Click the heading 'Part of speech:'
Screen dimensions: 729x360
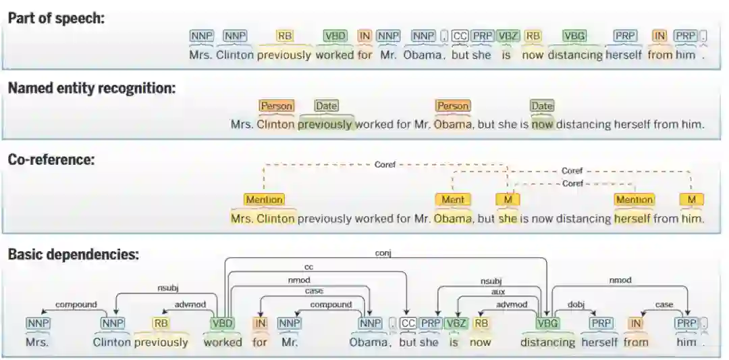click(56, 18)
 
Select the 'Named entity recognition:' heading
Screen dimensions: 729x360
click(92, 88)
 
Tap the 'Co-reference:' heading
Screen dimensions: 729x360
click(51, 159)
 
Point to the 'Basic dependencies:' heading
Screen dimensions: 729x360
click(74, 255)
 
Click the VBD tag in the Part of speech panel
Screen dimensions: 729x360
click(335, 36)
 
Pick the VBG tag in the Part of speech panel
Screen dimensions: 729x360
click(574, 36)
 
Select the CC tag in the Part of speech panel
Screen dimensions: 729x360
click(460, 36)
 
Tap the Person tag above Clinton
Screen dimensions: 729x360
click(276, 106)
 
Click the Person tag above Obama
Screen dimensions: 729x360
click(452, 106)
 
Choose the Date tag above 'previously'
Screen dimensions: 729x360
click(326, 106)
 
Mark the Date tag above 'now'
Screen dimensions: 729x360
click(542, 106)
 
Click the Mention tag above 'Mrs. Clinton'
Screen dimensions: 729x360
click(264, 199)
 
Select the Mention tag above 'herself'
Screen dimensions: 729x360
click(634, 199)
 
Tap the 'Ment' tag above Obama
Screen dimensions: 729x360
click(453, 199)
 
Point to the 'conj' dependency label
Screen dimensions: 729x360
click(383, 253)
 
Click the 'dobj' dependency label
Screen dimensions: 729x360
click(576, 305)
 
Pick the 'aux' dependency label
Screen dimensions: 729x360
click(498, 292)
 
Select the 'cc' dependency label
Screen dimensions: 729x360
click(309, 267)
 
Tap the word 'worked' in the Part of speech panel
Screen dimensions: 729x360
click(335, 55)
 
